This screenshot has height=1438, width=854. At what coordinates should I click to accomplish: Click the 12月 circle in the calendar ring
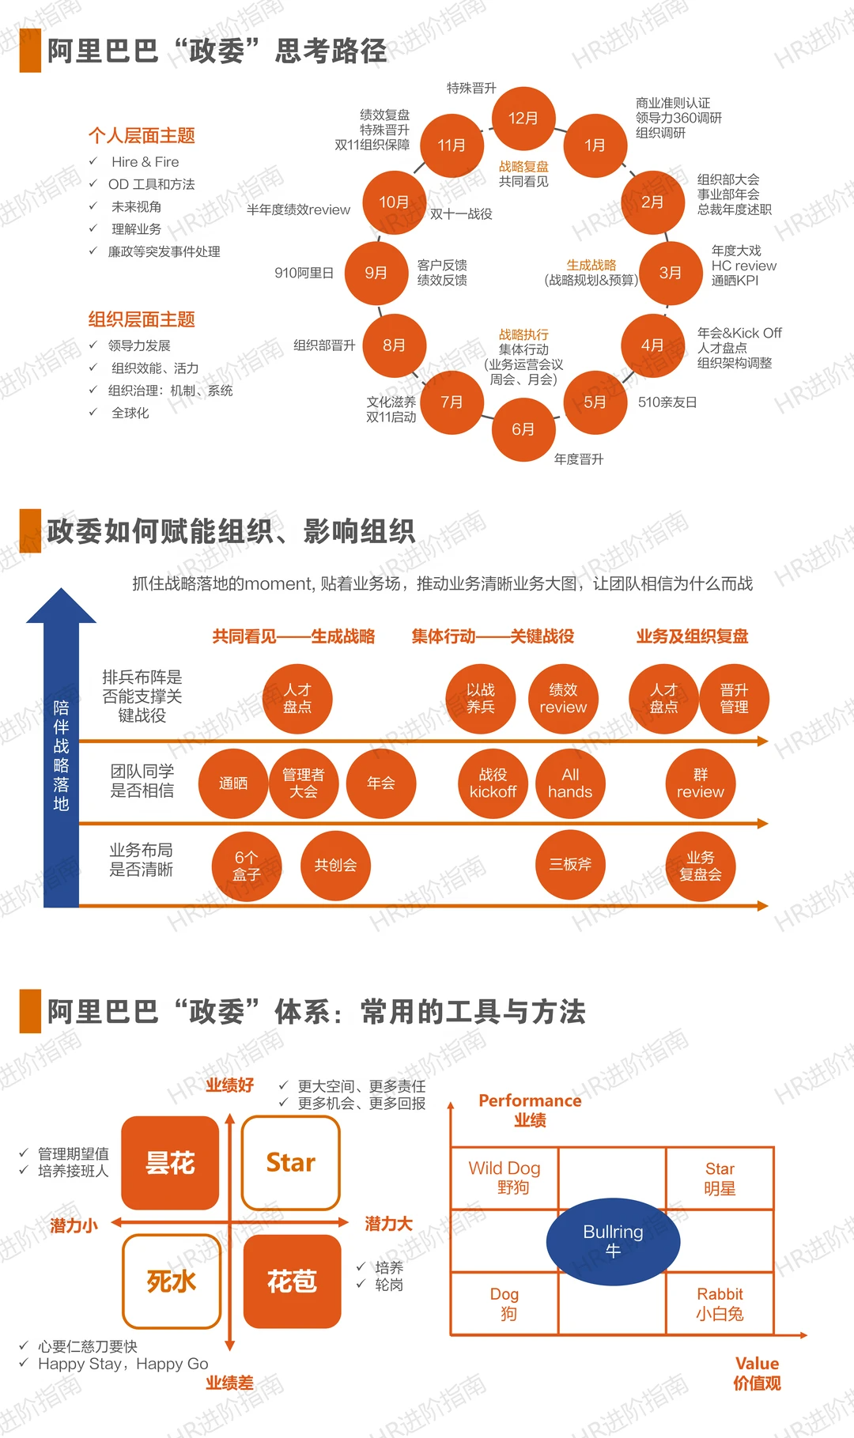(523, 118)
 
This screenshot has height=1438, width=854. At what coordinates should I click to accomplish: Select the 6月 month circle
(523, 428)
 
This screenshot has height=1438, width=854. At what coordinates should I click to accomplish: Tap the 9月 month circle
(376, 273)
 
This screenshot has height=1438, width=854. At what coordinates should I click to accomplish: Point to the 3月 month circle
(671, 273)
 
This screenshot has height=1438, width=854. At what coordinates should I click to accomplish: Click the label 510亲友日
(667, 402)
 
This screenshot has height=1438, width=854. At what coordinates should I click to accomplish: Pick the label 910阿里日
(304, 273)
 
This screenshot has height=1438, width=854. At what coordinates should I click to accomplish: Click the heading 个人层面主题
(142, 135)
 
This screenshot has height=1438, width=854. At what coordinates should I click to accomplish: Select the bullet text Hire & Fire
(145, 162)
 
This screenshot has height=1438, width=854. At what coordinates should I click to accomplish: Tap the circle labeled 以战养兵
(481, 699)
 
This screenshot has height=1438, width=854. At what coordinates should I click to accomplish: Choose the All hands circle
(570, 783)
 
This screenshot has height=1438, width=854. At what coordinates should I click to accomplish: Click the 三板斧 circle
(570, 865)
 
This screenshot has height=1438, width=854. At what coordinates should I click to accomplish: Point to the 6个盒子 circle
(247, 866)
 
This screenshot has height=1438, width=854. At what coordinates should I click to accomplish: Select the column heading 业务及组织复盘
(693, 636)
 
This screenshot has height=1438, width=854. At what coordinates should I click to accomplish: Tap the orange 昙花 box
(170, 1163)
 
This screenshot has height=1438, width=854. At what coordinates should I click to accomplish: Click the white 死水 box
(171, 1281)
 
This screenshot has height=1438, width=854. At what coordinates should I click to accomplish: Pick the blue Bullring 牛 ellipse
(613, 1241)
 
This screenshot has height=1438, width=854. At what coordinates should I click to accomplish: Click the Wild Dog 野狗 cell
(504, 1178)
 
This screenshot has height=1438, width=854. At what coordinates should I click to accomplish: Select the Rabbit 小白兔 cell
(720, 1304)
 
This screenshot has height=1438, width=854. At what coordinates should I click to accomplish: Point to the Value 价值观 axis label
(757, 1373)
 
